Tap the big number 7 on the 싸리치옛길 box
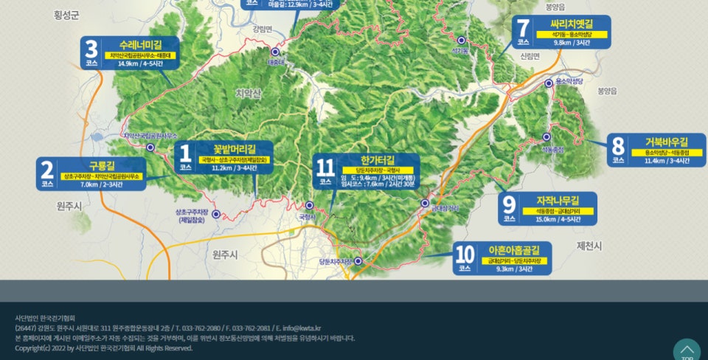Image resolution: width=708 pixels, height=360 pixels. pyautogui.click(x=523, y=30)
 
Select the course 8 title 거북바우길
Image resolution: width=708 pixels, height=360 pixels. pyautogui.click(x=666, y=142)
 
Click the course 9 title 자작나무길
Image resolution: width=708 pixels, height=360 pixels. pyautogui.click(x=558, y=200)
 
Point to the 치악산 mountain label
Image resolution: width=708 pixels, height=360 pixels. pyautogui.click(x=248, y=93)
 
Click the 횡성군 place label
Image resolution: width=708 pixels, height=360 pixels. pyautogui.click(x=66, y=15)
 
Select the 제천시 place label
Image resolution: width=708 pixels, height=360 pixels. pyautogui.click(x=589, y=245)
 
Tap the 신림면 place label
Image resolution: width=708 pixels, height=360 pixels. pyautogui.click(x=530, y=56)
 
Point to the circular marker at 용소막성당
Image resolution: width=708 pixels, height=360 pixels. pyautogui.click(x=549, y=84)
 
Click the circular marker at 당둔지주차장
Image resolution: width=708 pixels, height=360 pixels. pyautogui.click(x=359, y=261)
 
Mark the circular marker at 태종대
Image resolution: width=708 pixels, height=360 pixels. pyautogui.click(x=274, y=52)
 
